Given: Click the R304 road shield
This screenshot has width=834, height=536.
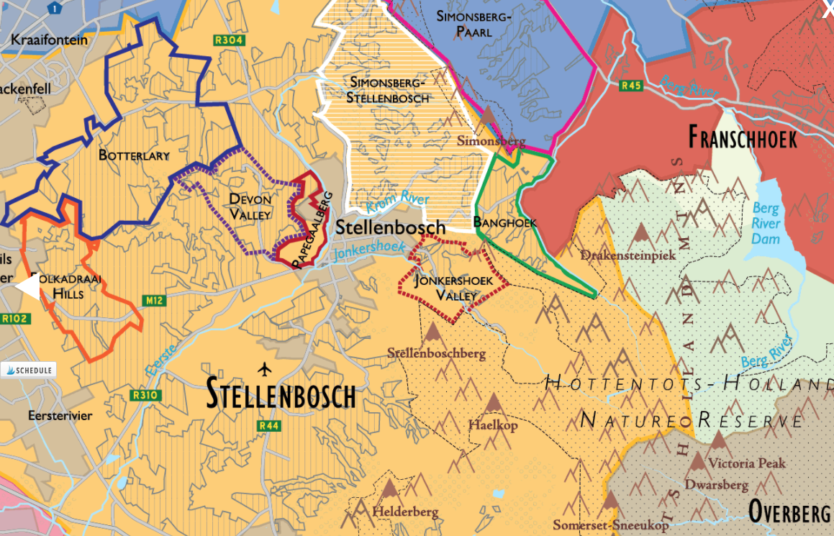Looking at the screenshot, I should tap(228, 40).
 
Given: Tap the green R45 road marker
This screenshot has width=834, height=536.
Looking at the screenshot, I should tap(631, 86).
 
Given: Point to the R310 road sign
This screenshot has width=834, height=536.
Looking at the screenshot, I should tap(145, 395).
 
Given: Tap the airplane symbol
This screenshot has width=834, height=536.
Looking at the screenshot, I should tap(265, 369).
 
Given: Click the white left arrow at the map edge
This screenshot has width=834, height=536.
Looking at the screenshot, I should tap(27, 286).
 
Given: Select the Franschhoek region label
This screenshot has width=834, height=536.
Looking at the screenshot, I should tap(742, 137).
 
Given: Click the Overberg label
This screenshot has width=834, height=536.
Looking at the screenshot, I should tap(789, 512).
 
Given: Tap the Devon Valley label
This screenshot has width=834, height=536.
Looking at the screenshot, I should tap(250, 206).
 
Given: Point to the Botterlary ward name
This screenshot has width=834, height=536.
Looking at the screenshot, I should tap(134, 155).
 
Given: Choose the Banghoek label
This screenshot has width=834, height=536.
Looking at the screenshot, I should tap(504, 223).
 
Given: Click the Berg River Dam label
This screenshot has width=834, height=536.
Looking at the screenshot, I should tap(766, 224).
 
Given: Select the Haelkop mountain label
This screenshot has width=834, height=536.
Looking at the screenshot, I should tap(493, 425).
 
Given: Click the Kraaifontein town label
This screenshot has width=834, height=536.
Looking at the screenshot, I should tap(49, 40).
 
